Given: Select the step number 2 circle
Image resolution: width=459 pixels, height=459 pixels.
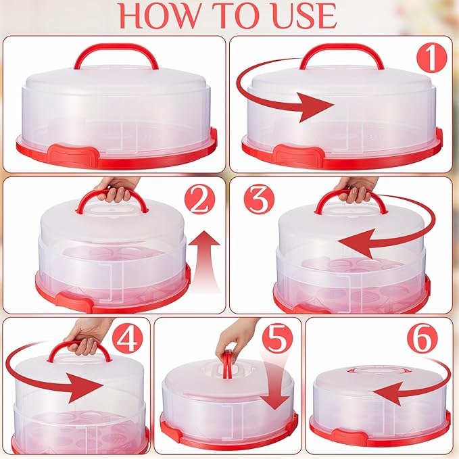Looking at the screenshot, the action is [200, 199].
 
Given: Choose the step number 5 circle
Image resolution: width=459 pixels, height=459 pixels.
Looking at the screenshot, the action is [277, 339].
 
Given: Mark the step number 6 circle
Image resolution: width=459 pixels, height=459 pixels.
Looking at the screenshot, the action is [422, 339].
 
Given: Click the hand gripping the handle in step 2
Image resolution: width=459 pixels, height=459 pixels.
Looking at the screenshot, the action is [116, 189].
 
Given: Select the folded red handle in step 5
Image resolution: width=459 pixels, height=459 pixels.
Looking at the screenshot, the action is [227, 364].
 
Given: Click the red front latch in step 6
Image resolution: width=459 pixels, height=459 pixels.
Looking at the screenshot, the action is [349, 434].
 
